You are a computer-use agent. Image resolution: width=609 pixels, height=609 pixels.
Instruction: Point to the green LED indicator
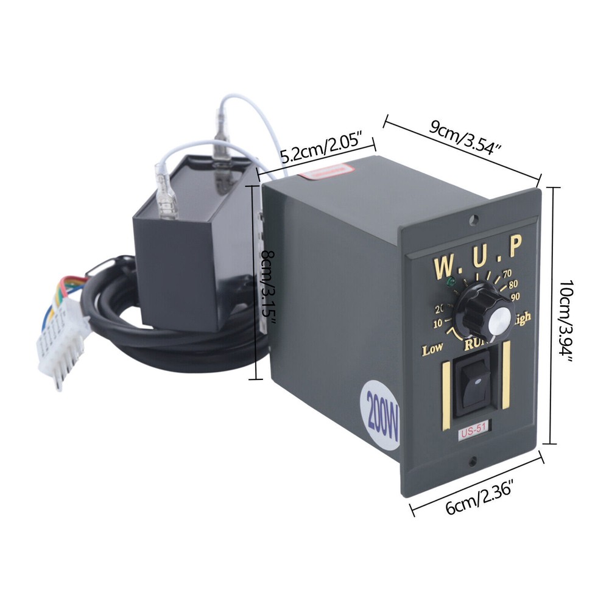[451, 282]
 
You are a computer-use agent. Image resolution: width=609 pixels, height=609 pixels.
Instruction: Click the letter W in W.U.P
[443, 267]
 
